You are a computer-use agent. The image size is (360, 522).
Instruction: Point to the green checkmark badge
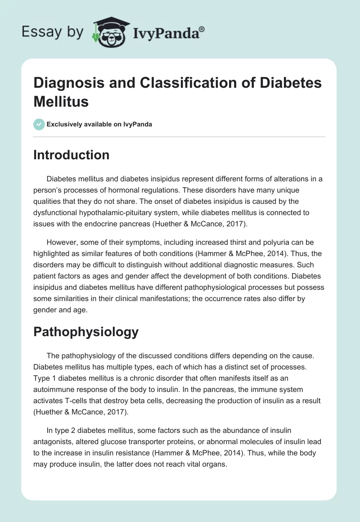(39, 124)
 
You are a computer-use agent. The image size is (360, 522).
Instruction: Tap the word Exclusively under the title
(66, 124)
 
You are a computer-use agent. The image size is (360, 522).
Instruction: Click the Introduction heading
(72, 155)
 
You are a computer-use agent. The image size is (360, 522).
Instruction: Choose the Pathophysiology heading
(86, 332)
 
